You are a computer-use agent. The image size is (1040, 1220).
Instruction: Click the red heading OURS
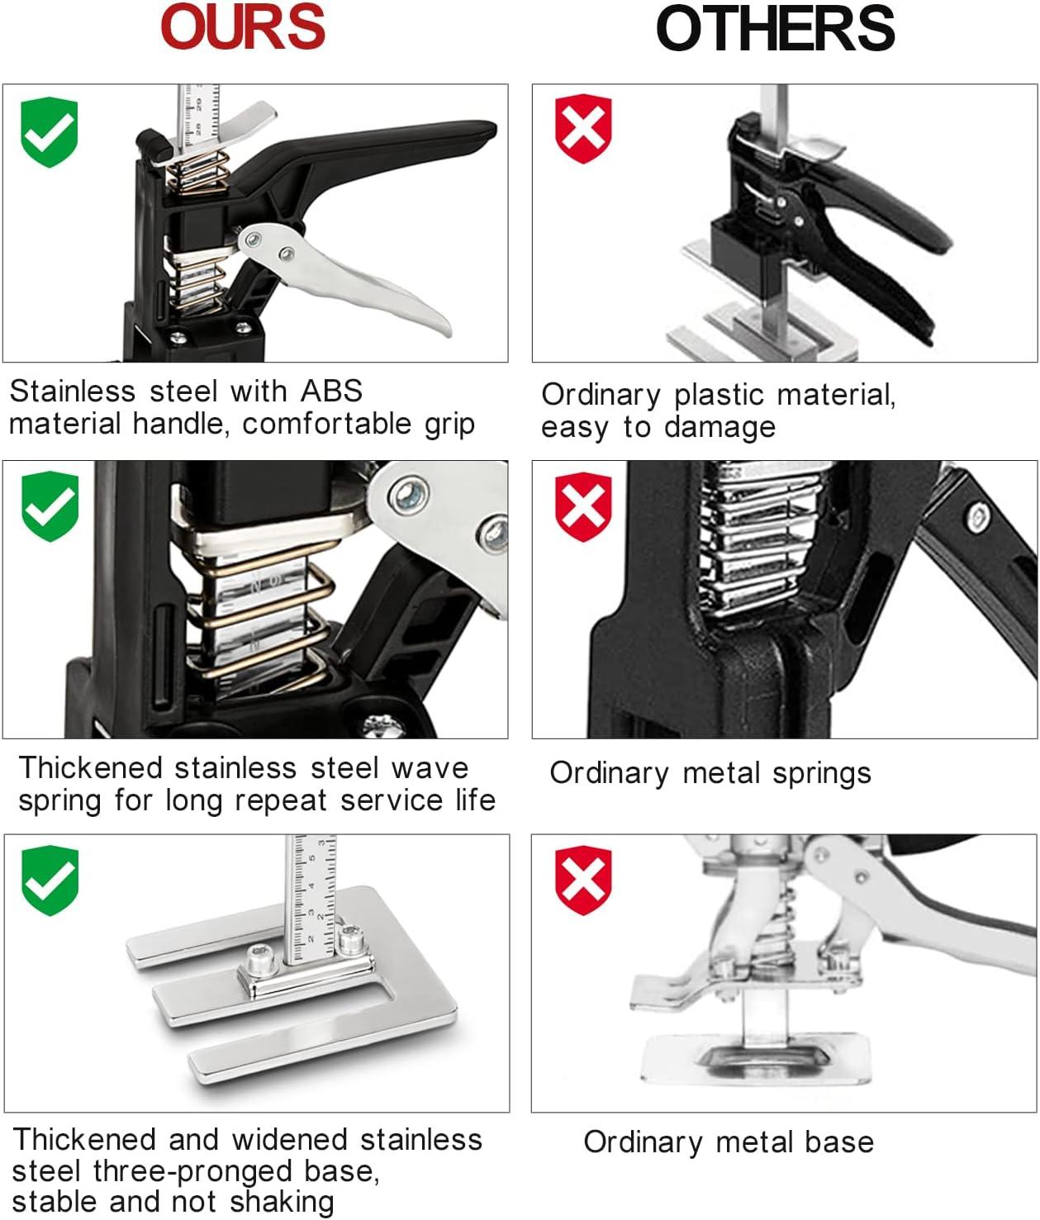tap(243, 27)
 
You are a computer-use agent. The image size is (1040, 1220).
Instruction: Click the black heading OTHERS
tap(775, 28)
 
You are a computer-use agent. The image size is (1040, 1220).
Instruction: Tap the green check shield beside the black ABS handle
tap(49, 132)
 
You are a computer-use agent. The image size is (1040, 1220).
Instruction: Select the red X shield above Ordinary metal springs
tap(583, 507)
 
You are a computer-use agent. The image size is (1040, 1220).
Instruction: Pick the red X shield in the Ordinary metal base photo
tap(583, 880)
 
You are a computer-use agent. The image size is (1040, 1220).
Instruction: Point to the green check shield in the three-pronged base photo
tap(50, 880)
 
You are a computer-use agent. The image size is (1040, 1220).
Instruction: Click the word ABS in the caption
tap(331, 392)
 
